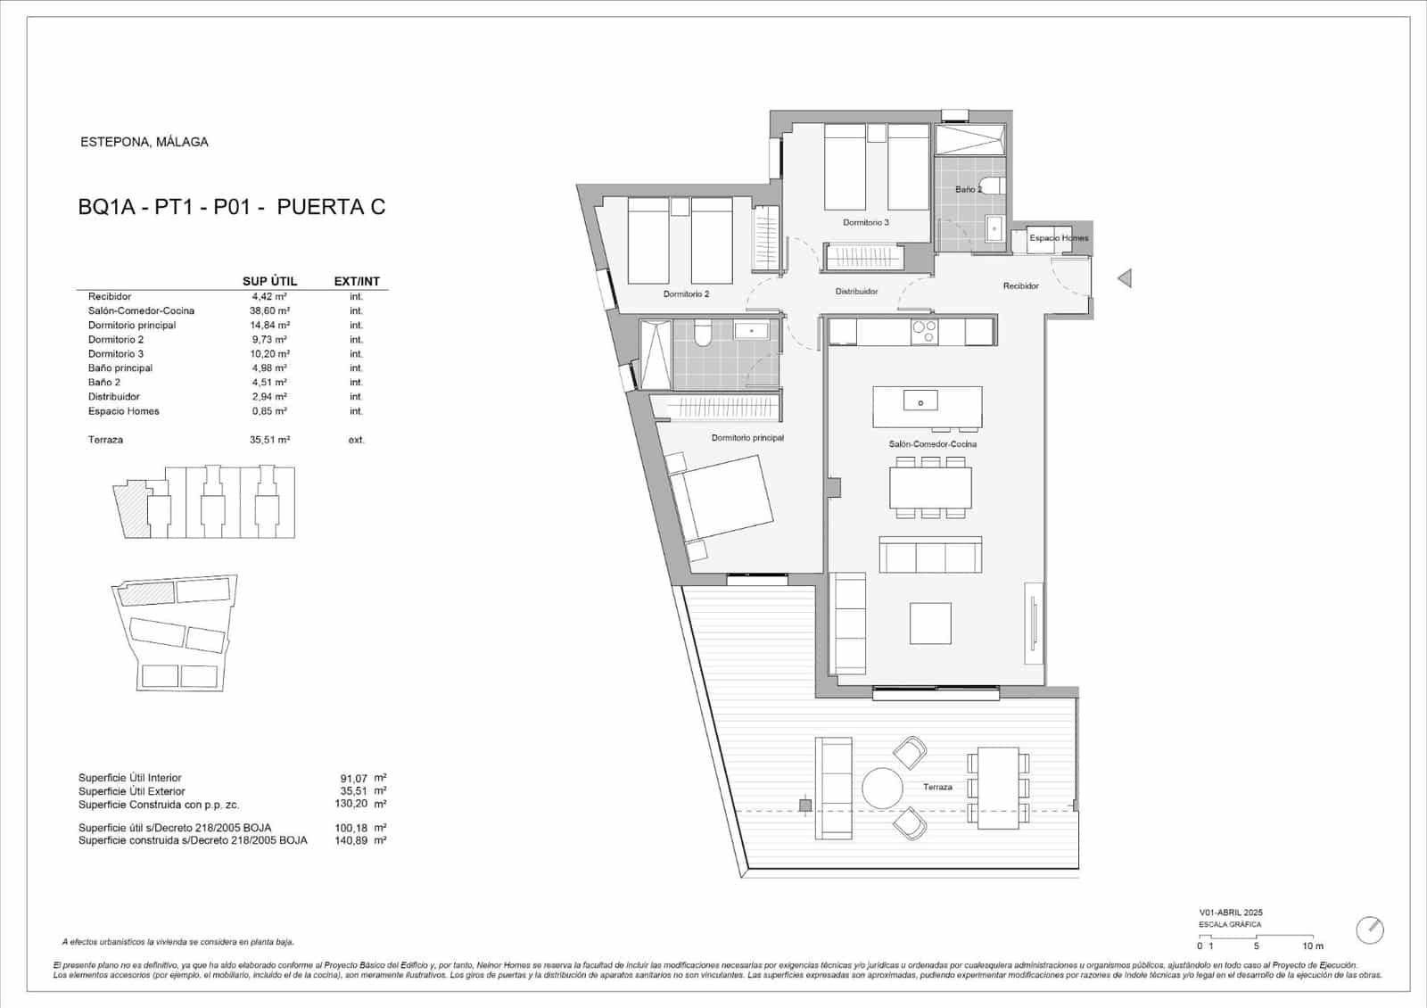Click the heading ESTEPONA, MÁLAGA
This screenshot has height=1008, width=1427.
(144, 142)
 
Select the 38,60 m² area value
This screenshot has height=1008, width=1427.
(268, 310)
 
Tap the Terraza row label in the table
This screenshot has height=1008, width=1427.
(105, 440)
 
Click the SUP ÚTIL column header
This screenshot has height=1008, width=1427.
(269, 281)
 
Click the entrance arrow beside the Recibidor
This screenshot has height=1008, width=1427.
(1125, 278)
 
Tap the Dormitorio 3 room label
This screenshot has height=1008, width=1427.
(865, 222)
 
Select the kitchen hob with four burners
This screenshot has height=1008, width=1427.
(923, 332)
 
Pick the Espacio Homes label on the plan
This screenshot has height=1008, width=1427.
(1058, 238)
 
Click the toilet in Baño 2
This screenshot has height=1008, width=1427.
(1000, 186)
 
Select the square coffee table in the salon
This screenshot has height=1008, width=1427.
(930, 623)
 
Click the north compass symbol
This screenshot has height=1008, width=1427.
(1369, 930)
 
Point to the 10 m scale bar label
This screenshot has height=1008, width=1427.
(1312, 946)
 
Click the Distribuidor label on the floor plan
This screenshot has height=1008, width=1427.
(856, 292)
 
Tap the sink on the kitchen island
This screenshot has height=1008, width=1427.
(920, 402)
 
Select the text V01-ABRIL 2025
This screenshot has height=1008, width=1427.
(1230, 913)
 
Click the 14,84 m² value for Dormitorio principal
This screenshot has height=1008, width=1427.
(268, 325)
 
